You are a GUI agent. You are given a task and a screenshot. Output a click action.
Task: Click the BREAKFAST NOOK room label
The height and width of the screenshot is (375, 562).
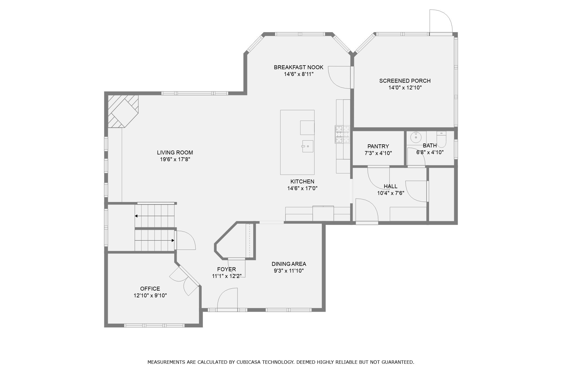298,67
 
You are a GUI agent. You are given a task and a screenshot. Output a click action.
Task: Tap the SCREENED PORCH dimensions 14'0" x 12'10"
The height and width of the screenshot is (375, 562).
405,87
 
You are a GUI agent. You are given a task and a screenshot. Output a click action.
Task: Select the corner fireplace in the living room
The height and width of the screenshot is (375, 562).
123,111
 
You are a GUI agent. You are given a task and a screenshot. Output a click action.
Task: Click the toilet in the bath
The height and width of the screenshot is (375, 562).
441,139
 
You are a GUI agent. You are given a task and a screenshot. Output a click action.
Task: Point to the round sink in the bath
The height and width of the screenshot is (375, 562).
416,138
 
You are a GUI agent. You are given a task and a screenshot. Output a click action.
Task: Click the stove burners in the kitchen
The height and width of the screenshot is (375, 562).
342,134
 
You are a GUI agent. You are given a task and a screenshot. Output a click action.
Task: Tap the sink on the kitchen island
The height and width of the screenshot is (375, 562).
308,146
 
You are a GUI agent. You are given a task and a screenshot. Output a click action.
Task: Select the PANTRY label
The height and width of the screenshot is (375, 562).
378,146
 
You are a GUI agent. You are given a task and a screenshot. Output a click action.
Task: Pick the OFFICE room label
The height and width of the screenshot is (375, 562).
150,289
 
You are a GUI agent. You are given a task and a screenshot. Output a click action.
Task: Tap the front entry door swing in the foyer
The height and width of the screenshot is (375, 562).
228,299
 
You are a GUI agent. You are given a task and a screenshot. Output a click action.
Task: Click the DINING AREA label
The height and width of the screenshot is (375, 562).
289,264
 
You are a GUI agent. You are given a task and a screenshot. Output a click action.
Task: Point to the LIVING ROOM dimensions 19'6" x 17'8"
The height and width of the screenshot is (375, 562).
175,159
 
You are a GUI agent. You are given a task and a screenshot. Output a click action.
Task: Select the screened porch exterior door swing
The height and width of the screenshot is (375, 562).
441,21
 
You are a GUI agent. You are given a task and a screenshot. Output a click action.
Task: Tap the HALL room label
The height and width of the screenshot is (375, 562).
390,186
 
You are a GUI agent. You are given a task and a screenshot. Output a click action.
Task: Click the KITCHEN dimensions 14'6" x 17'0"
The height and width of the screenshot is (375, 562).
302,188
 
